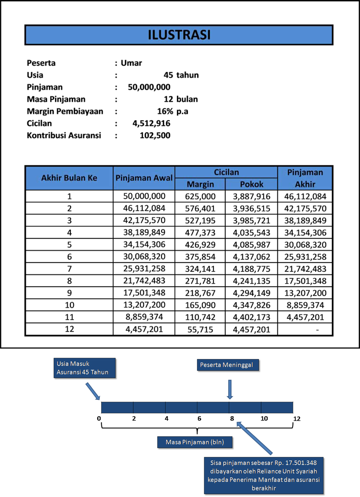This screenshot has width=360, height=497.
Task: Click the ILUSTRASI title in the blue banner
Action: tap(179, 35)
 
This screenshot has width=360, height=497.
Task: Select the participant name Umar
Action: tap(131, 63)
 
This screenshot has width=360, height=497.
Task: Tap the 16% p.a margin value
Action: tap(172, 111)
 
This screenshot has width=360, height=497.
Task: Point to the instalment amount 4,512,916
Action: tap(151, 123)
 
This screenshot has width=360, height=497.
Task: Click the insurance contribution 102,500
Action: tap(155, 135)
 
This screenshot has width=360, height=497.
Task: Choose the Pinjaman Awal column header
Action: tap(144, 178)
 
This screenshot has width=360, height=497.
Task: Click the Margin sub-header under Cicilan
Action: tap(200, 184)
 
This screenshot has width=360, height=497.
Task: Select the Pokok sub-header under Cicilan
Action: tap(251, 184)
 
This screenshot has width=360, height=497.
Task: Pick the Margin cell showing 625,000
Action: tap(200, 196)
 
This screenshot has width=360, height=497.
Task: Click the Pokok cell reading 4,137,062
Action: tap(251, 257)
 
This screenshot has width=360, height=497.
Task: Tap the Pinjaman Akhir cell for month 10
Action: tap(305, 305)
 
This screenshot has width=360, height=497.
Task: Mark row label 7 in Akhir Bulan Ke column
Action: tap(69, 269)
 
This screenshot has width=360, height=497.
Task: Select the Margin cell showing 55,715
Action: tap(200, 329)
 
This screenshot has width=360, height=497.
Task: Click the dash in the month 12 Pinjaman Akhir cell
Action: tap(317, 330)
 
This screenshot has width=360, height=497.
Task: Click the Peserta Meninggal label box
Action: tap(227, 365)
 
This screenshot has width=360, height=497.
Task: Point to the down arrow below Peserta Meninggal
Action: tap(230, 389)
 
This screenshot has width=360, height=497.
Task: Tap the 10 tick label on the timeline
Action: tap(264, 419)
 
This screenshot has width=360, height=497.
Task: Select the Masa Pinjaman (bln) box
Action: tap(195, 442)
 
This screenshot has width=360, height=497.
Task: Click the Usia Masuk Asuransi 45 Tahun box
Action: tap(84, 368)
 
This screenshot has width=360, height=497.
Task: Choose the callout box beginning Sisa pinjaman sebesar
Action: tap(263, 475)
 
